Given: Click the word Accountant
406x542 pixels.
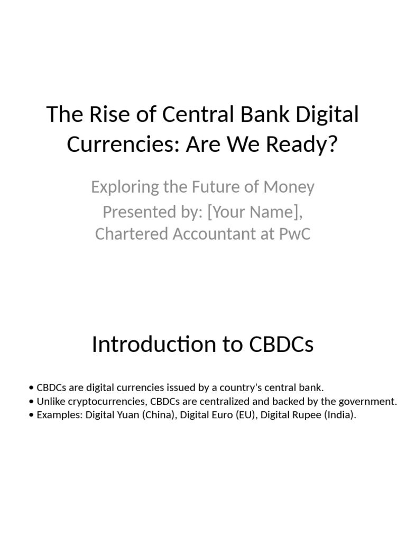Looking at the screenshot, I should click(x=219, y=234).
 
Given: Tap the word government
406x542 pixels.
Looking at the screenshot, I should click(x=371, y=401).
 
